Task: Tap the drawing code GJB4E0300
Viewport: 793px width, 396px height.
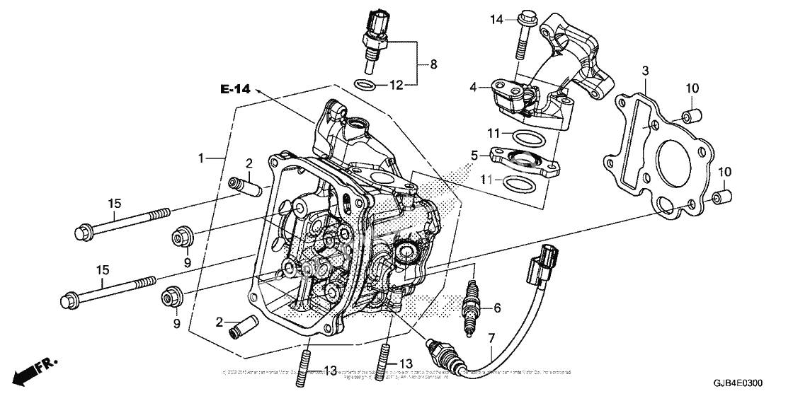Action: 738,383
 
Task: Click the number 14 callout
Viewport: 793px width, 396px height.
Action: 498,20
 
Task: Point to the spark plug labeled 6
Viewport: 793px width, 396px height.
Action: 468,308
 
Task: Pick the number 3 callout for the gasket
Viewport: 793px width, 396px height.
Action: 645,71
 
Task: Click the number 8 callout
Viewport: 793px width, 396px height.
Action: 433,64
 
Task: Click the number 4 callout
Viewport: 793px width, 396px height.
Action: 474,88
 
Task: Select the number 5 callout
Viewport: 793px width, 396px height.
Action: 474,153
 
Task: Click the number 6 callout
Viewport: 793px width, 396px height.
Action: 497,308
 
